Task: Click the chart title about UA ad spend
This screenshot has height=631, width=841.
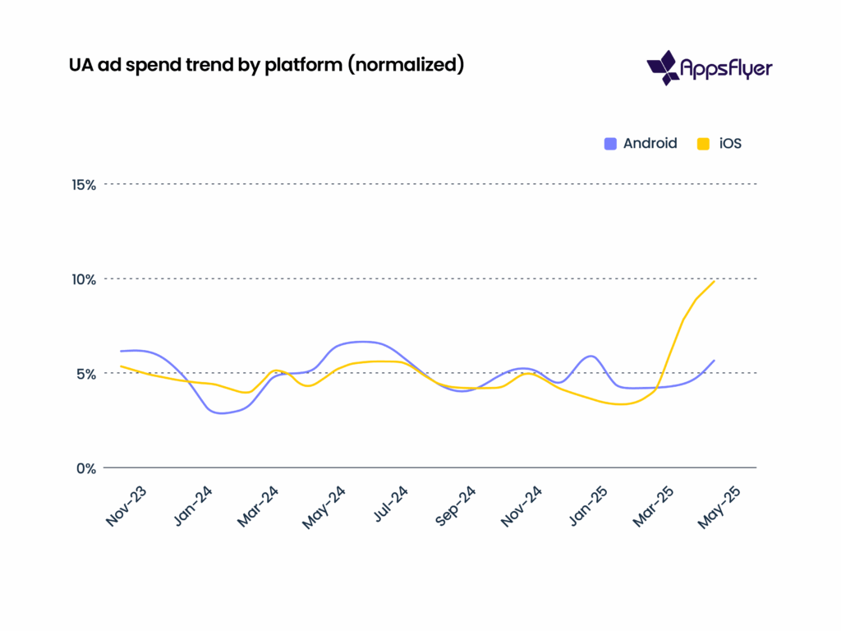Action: click(x=266, y=66)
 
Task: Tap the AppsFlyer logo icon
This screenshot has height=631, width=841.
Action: click(x=662, y=67)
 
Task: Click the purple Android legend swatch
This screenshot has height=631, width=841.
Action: click(x=610, y=143)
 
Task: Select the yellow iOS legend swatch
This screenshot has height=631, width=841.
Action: click(x=703, y=143)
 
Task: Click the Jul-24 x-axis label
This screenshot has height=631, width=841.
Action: click(x=391, y=506)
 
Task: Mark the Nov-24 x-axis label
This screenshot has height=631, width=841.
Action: click(x=522, y=506)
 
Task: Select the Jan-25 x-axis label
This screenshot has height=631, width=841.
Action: click(x=588, y=506)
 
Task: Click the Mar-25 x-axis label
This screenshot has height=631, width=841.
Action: click(x=655, y=506)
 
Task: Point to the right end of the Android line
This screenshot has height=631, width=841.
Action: click(x=715, y=360)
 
